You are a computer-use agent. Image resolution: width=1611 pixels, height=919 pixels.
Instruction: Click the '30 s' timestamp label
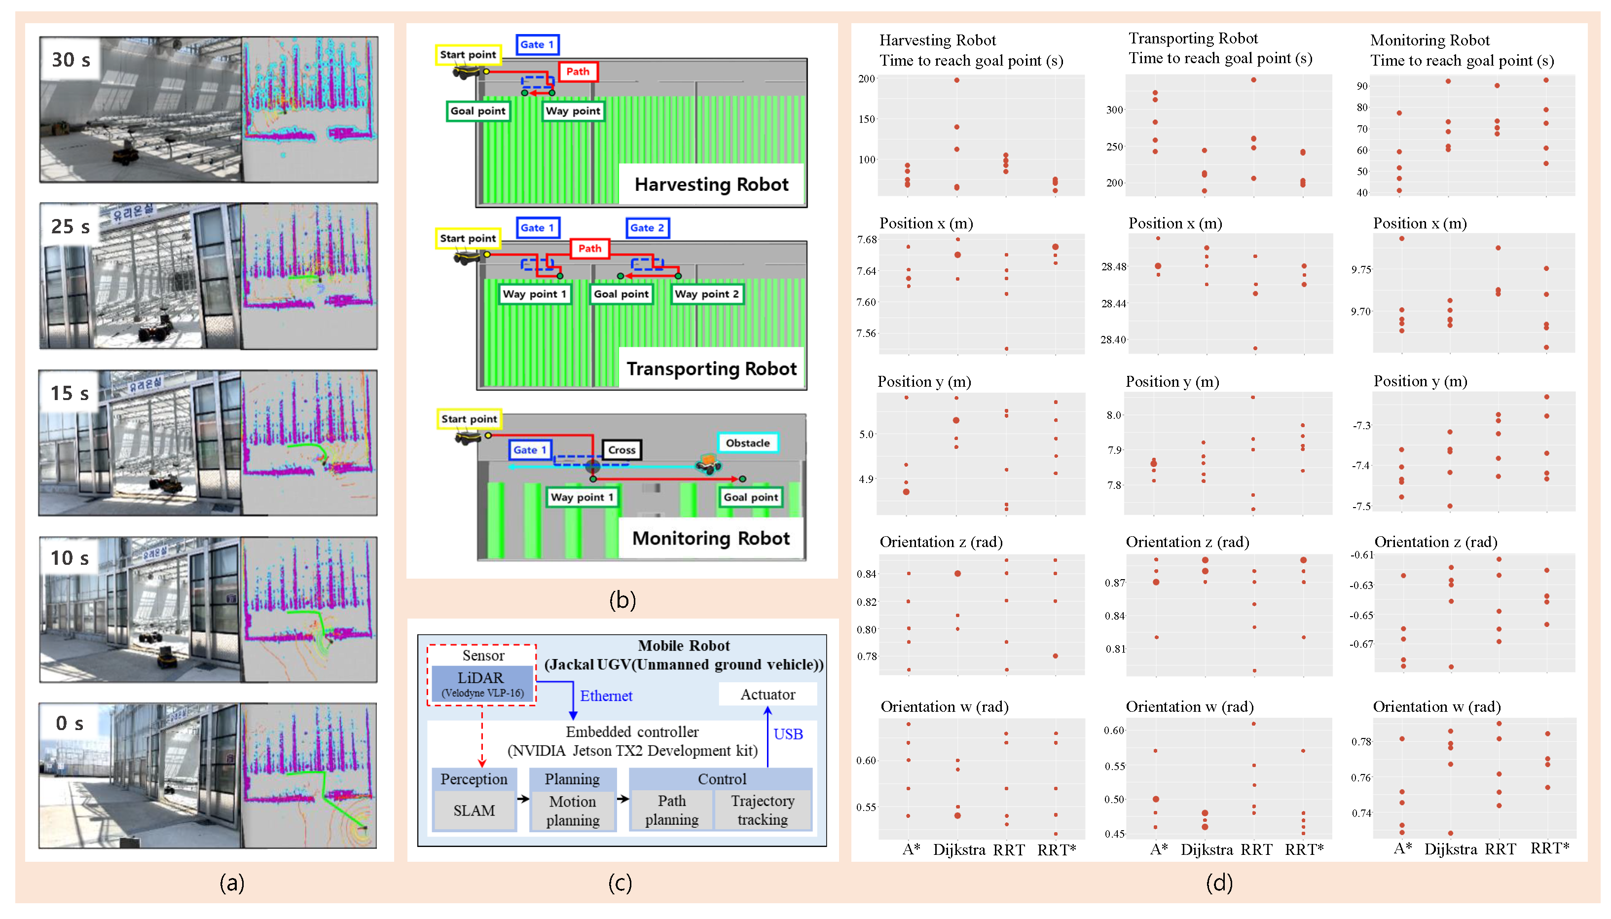click(71, 60)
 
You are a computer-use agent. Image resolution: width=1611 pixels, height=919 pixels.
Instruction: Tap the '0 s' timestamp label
click(70, 723)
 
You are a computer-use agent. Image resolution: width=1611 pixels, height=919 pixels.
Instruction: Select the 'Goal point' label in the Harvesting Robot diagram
click(477, 111)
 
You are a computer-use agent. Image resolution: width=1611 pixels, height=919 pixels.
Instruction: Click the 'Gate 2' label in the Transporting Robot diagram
click(647, 228)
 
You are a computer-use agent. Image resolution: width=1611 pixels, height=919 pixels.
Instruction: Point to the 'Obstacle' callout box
click(747, 443)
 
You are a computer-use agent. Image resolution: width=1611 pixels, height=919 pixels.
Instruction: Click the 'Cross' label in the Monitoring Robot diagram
click(622, 450)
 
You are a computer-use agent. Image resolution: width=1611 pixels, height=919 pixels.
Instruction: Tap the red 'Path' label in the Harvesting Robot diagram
click(578, 72)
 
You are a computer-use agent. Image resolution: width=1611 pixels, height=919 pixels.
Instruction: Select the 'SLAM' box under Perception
click(474, 810)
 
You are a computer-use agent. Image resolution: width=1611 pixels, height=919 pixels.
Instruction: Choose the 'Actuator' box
click(768, 694)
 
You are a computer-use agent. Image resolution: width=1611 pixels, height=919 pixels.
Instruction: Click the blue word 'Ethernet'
click(606, 696)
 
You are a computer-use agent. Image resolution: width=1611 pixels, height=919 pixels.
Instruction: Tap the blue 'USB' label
click(788, 734)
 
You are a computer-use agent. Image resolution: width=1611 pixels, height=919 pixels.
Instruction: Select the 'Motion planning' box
click(572, 810)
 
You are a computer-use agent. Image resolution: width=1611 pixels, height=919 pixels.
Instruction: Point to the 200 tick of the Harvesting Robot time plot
click(866, 79)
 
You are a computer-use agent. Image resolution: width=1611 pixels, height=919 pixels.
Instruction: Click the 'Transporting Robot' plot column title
click(1193, 38)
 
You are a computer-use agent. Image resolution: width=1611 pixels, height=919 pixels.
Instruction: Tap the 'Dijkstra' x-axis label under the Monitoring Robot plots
click(1450, 849)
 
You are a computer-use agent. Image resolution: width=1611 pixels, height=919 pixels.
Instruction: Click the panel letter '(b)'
click(622, 600)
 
